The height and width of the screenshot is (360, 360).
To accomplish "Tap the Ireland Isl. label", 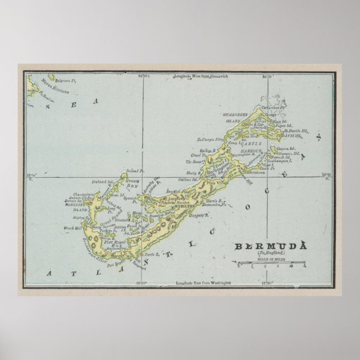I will [103, 181].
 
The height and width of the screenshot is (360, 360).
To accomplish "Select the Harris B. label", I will [215, 200].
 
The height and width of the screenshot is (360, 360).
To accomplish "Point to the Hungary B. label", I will [198, 215].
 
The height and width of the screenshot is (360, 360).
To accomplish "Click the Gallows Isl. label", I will [188, 179].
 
